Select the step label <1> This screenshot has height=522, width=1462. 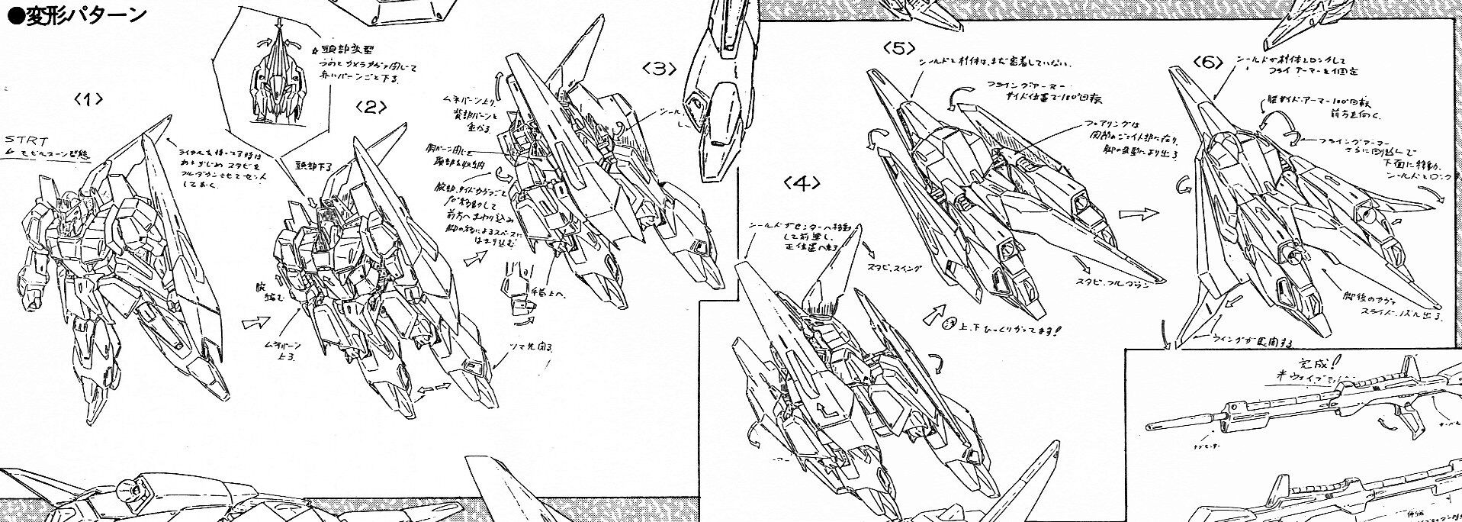tap(90, 100)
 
